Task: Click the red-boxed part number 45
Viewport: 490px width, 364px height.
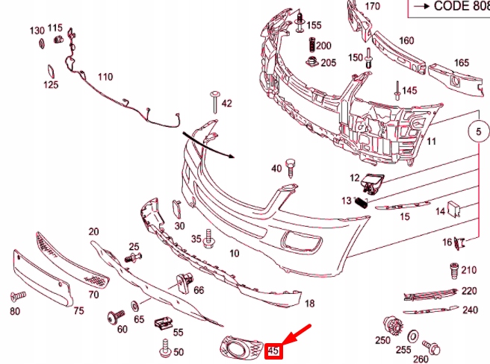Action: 273,350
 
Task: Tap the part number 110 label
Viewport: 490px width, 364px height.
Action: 105,77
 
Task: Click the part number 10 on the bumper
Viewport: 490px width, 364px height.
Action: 234,254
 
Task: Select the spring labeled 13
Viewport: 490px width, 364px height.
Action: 362,199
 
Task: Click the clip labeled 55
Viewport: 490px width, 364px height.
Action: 161,322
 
